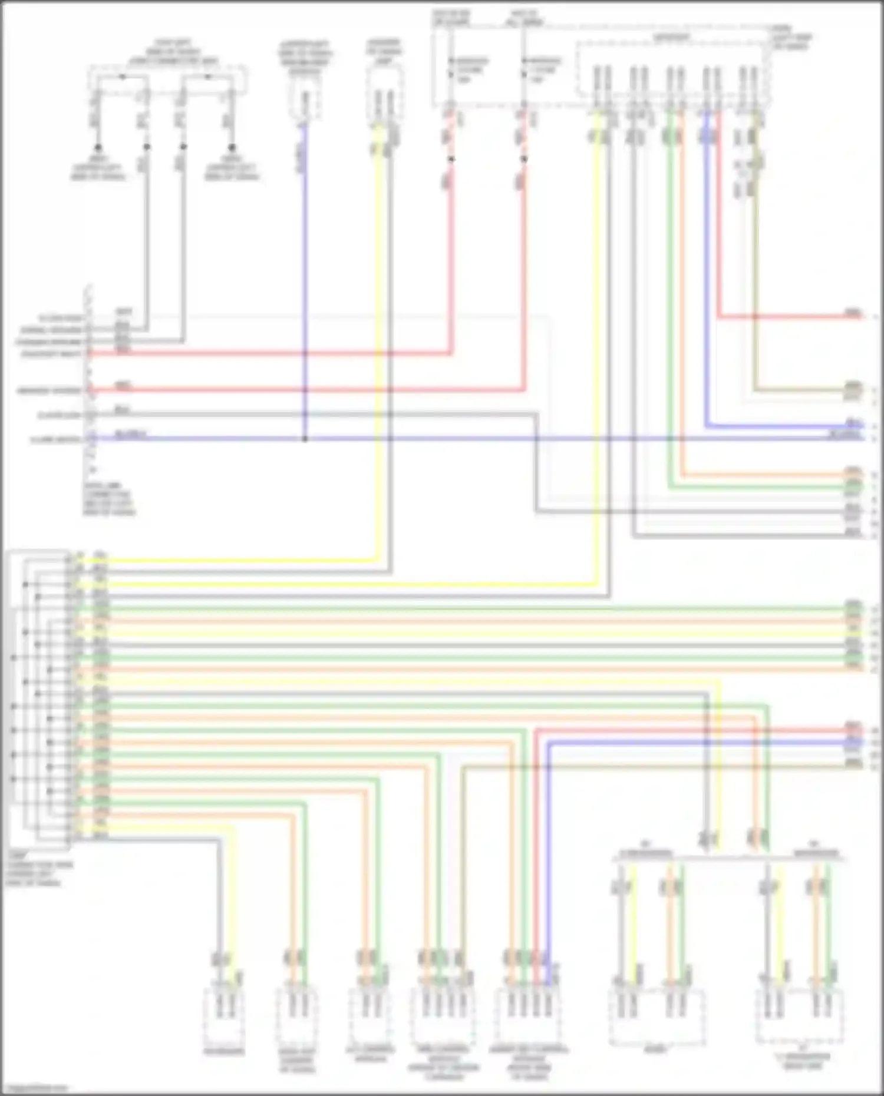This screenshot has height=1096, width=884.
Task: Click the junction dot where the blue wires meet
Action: pos(305,439)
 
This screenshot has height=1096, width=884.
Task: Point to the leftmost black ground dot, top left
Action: pos(98,147)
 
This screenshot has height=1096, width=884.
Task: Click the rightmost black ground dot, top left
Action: pos(232,147)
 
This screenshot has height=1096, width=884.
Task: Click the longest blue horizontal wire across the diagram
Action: pos(471,439)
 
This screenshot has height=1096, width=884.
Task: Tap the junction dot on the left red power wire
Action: pos(451,159)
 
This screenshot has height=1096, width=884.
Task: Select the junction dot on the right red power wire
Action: pos(524,159)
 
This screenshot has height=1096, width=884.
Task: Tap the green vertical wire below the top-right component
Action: pos(670,294)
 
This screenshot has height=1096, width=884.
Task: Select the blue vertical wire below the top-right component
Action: pos(706,265)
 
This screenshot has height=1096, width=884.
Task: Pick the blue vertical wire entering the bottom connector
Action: pos(548,854)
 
